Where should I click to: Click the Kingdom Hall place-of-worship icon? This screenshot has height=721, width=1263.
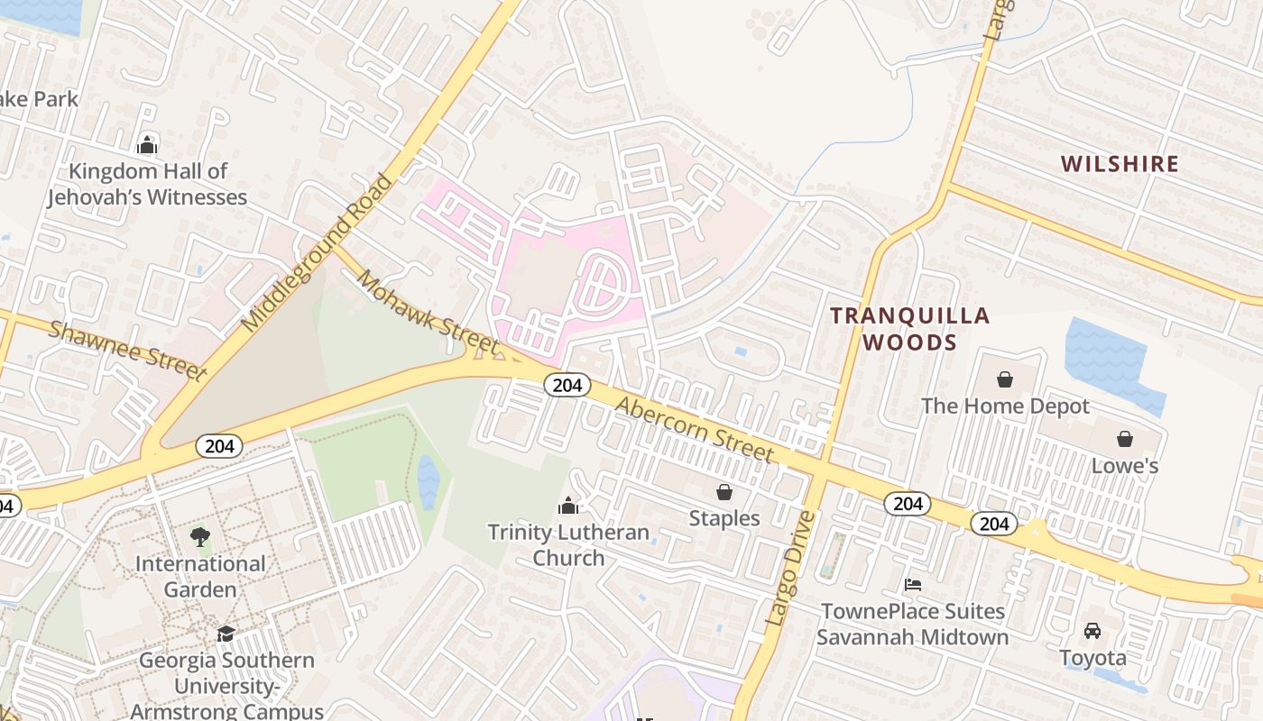tap(147, 145)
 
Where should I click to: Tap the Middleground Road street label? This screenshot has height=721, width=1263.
tap(318, 252)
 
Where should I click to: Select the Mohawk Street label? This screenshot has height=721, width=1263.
tap(428, 311)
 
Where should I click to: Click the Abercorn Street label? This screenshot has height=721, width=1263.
tap(694, 429)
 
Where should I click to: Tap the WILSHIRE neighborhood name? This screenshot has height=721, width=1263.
tap(1120, 163)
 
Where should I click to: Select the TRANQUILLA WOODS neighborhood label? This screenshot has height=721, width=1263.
tap(909, 329)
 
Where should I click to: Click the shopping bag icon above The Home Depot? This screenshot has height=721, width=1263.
tap(1005, 379)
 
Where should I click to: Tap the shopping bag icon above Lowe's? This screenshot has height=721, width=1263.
tap(1125, 439)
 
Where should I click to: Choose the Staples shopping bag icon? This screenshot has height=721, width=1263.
tap(724, 492)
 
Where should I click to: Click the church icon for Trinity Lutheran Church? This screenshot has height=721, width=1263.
tap(568, 505)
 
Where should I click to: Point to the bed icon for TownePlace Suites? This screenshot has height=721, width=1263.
tap(913, 585)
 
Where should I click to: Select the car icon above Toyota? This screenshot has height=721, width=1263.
tap(1092, 630)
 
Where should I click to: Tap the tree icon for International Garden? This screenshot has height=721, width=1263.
tap(200, 537)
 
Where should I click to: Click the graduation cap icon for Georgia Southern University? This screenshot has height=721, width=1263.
tap(226, 634)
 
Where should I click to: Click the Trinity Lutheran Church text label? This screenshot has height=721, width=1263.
tap(568, 544)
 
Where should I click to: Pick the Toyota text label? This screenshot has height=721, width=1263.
tap(1092, 658)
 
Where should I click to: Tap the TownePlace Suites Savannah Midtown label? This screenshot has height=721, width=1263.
tap(913, 624)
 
